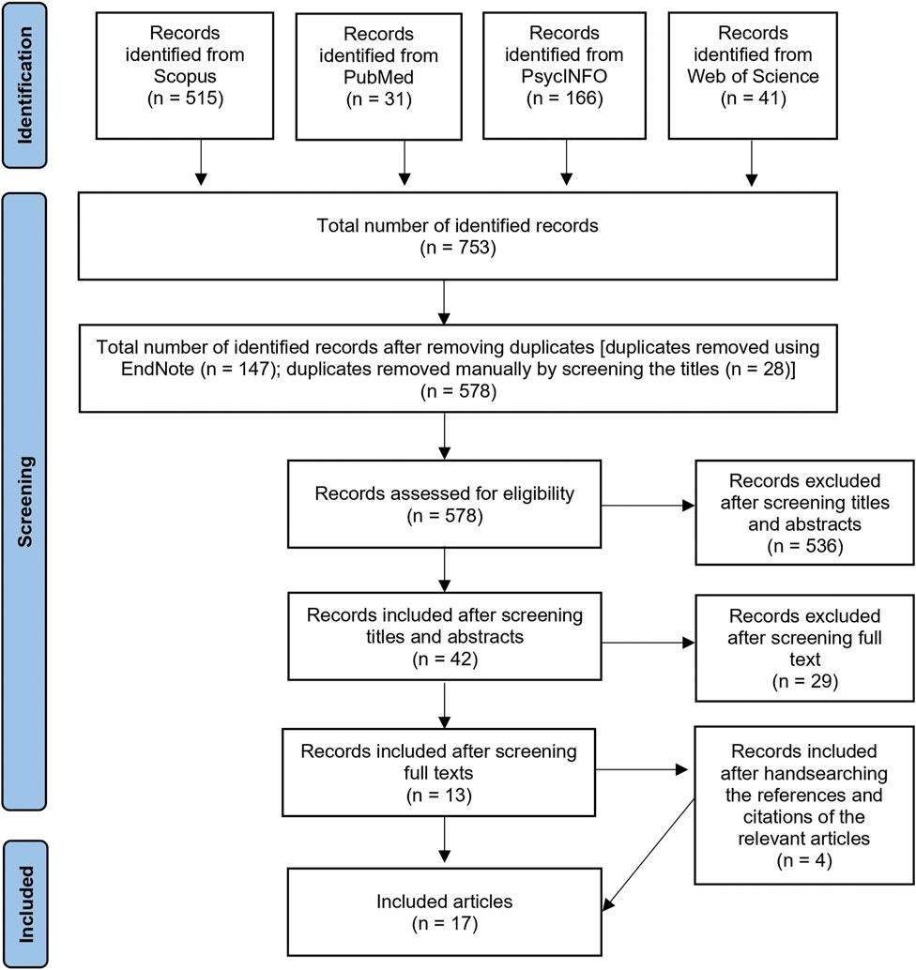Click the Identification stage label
24,85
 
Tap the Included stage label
25,903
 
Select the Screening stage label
24,502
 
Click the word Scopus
185,76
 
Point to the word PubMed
379,77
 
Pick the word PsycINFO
564,76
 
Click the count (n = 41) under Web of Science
754,99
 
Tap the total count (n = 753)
458,248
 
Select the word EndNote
158,369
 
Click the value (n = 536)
804,546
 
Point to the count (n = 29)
804,681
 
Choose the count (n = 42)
445,659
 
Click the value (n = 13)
439,795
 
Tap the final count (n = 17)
445,924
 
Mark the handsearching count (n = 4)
804,860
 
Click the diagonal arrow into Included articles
649,855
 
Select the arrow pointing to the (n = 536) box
648,506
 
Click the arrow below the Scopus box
201,162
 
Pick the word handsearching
833,773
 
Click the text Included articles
444,902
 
